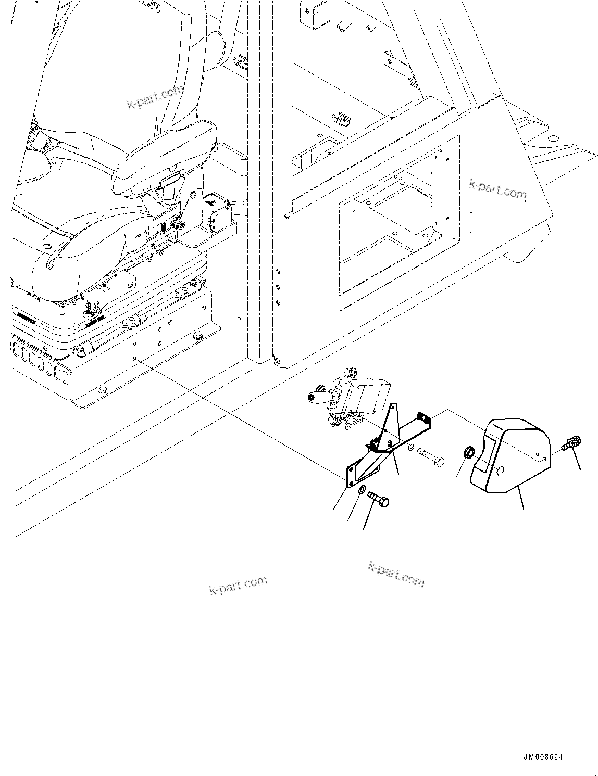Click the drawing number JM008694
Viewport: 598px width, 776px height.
coord(543,758)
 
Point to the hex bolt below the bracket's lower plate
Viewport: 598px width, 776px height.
coord(379,500)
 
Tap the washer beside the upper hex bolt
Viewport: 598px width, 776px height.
coord(412,447)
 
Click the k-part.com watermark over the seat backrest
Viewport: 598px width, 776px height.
coord(155,97)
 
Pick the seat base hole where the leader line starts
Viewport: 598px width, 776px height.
coord(135,359)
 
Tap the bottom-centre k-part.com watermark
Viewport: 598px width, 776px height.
coord(396,574)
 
